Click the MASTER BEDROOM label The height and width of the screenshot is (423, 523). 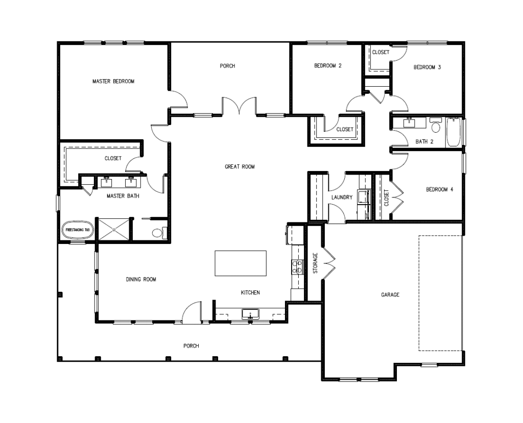113,81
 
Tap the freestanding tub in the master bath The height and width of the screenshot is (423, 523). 78,230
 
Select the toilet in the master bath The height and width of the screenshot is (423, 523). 159,233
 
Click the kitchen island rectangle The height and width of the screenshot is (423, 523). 241,263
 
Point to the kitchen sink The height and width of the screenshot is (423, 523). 250,314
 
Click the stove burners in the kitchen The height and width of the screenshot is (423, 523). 297,267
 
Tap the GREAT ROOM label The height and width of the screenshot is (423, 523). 240,167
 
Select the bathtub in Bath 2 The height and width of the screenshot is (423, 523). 454,132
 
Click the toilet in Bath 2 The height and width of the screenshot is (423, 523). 436,125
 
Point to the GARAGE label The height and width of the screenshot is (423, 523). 390,294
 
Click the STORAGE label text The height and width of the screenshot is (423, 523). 315,263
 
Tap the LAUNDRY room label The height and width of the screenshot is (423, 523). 342,197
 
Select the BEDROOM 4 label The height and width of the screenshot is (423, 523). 440,190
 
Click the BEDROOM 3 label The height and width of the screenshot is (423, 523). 427,67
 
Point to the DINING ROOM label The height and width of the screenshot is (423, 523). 141,279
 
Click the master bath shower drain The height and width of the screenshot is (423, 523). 114,229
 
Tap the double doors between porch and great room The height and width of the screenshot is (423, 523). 239,106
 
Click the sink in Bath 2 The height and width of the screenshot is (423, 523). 409,123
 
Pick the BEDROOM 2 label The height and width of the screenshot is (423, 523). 328,66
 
